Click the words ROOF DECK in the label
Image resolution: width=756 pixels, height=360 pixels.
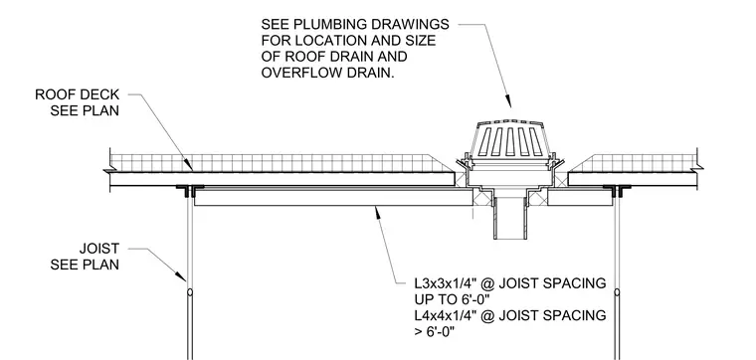click(x=77, y=94)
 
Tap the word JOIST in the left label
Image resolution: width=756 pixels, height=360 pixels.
click(x=98, y=249)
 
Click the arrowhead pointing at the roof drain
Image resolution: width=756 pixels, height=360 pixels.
click(x=508, y=101)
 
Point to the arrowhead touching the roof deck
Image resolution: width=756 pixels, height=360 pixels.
click(x=188, y=165)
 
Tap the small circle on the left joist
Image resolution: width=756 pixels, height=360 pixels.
click(x=190, y=292)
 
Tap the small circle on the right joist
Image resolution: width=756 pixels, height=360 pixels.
click(x=617, y=292)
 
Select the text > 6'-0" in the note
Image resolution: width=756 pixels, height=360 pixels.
click(x=435, y=331)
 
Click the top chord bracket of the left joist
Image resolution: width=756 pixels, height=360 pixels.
click(x=190, y=190)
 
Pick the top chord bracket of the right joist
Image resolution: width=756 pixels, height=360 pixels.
click(x=617, y=190)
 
